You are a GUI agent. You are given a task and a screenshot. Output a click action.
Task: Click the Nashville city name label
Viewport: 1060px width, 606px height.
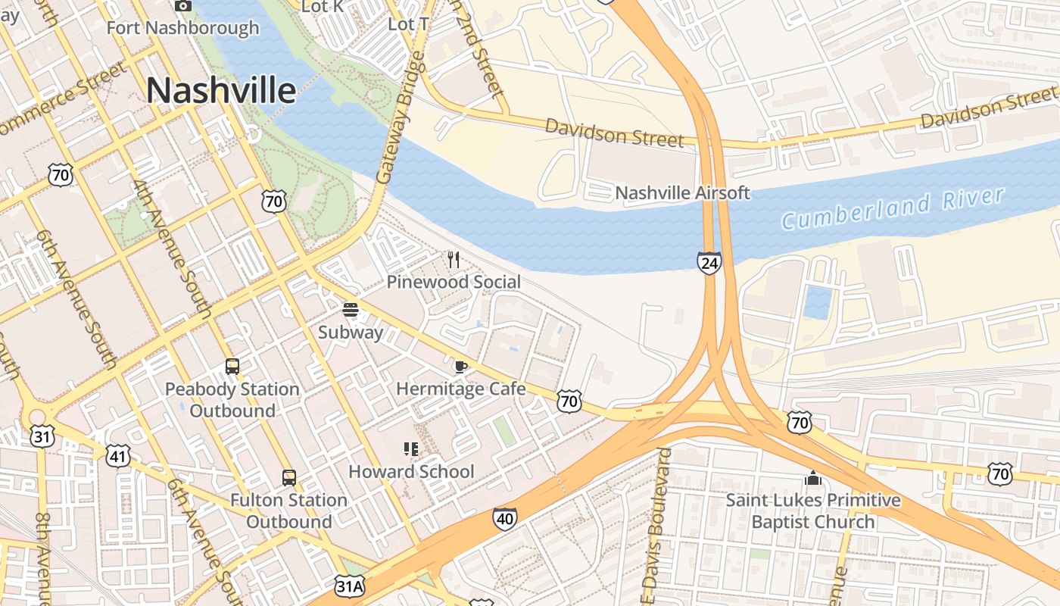(220, 90)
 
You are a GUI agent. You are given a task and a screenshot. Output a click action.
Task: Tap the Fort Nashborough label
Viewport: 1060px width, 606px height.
(182, 28)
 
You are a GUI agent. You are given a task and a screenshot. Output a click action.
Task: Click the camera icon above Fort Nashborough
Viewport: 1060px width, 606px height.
(182, 6)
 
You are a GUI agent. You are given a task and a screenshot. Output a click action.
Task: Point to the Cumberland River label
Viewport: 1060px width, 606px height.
(893, 208)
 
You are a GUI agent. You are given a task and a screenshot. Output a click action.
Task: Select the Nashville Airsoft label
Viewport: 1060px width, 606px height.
(682, 193)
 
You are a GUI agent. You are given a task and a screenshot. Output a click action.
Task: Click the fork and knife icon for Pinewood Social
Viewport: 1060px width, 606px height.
(454, 260)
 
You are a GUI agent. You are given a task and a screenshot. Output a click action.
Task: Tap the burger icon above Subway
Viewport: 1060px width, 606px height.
(350, 310)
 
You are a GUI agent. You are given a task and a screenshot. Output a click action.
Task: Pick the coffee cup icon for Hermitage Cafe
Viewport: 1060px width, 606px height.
(460, 367)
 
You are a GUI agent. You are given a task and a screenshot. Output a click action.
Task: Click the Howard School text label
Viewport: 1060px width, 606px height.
(411, 472)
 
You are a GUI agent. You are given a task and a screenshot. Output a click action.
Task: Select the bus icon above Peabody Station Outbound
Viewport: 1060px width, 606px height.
(232, 367)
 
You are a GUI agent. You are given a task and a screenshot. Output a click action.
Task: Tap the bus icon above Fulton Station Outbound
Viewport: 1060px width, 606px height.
(289, 478)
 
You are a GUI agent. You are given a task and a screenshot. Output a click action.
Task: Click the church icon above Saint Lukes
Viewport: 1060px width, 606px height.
(813, 478)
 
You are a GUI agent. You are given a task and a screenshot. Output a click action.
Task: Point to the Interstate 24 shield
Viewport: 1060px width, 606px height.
(709, 264)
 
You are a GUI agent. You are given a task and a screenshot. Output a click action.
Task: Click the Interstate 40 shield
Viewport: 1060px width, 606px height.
(504, 518)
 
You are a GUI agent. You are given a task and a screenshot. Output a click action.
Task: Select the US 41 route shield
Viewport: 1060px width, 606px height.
(118, 456)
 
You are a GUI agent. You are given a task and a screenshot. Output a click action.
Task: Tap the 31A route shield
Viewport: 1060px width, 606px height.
(350, 586)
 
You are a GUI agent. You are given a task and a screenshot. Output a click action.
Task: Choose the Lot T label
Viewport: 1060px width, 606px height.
(409, 24)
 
